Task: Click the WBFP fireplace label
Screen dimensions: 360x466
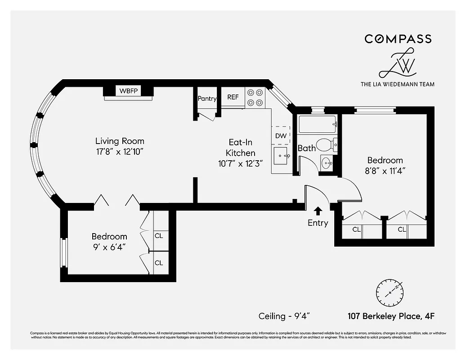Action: [128, 90]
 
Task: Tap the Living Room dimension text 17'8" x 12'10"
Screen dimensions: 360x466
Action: [120, 152]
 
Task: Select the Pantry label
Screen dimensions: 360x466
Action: [207, 99]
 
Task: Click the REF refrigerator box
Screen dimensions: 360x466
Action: [233, 97]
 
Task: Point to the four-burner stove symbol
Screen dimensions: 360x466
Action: [255, 97]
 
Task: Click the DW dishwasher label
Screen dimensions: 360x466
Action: [281, 135]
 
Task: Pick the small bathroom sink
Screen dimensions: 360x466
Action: [327, 162]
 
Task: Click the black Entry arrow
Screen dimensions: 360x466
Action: [318, 210]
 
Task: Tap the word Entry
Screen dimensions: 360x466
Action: [318, 223]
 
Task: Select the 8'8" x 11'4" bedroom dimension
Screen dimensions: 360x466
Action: [385, 171]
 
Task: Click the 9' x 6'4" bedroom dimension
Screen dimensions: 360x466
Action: [109, 247]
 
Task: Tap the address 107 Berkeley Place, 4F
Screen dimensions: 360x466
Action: [390, 316]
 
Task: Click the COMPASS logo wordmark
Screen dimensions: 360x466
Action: [398, 39]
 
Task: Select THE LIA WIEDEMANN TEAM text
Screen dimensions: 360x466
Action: [398, 84]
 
